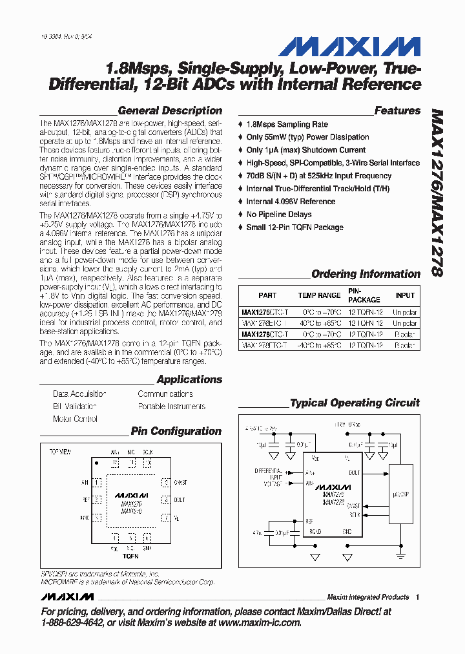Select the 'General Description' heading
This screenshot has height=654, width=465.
click(170, 111)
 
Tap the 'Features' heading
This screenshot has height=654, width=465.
click(397, 111)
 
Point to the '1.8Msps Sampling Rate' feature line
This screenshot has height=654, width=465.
click(287, 124)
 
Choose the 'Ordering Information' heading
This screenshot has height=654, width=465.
click(366, 274)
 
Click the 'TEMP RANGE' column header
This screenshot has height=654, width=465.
click(319, 295)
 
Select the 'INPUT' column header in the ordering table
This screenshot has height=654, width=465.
click(405, 295)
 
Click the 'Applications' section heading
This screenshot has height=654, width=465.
click(189, 379)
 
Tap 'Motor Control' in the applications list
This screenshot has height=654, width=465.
click(75, 419)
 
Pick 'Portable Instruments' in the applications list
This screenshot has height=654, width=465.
click(171, 406)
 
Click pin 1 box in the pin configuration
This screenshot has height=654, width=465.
click(97, 481)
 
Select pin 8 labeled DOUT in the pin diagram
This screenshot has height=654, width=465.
click(165, 500)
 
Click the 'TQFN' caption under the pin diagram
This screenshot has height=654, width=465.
click(130, 556)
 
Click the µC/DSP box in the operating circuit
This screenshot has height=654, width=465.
click(402, 494)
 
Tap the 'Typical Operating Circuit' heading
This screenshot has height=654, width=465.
click(355, 403)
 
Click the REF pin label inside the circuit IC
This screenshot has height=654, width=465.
click(309, 520)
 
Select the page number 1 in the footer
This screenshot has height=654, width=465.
click(418, 597)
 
